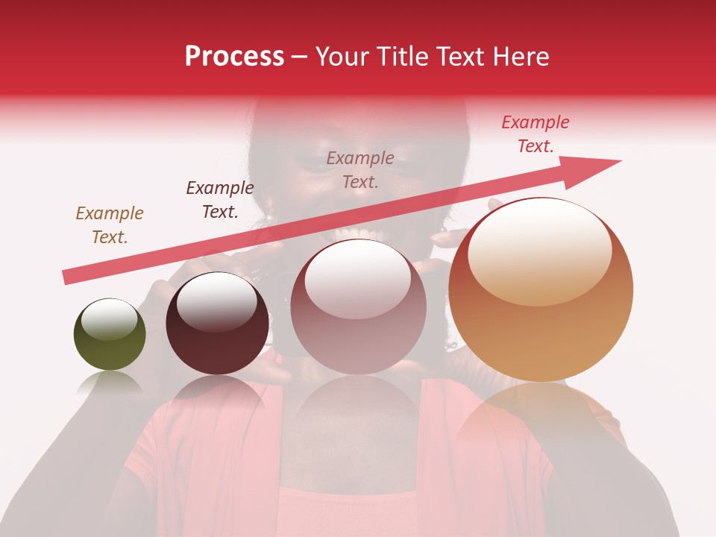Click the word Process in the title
pos(234,57)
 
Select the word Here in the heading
pos(517,57)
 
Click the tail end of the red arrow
pos(67,277)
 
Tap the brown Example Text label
pos(110,225)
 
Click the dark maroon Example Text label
pos(220,200)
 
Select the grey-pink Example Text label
pos(360,169)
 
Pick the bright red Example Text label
pos(536,134)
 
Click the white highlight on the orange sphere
pos(539,250)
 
